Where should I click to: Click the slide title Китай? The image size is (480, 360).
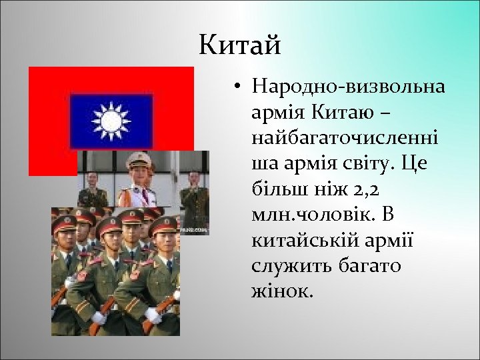[x=240, y=46]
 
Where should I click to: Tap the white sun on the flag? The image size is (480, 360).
[x=111, y=121]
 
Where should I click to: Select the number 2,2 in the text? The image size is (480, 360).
[x=365, y=189]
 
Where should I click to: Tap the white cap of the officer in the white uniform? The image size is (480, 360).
[x=139, y=159]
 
